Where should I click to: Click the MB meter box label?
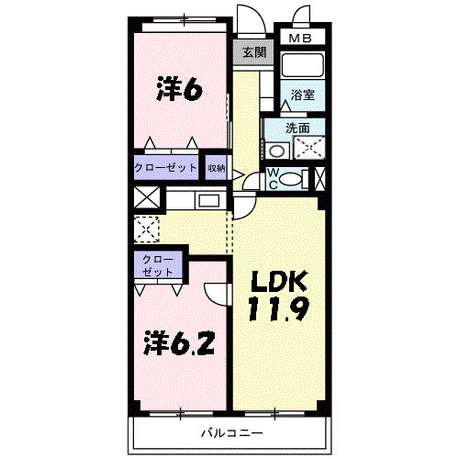click(300, 39)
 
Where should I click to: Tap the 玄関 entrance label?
click(254, 52)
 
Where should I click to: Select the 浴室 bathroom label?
click(302, 95)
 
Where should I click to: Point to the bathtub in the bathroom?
click(302, 65)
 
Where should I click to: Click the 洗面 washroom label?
click(297, 128)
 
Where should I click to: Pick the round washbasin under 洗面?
click(277, 151)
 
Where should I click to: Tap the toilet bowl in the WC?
click(291, 179)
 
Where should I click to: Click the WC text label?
click(273, 179)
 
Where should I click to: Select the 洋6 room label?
click(179, 88)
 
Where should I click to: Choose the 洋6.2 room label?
click(179, 343)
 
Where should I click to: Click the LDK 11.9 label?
click(279, 296)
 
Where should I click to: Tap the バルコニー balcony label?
click(231, 432)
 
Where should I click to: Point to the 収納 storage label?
click(217, 168)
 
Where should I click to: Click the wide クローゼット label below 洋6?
click(165, 167)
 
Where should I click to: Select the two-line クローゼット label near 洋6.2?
click(158, 265)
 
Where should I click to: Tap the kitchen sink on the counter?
click(209, 201)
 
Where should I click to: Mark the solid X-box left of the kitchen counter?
click(147, 197)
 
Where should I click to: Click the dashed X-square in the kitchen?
click(147, 229)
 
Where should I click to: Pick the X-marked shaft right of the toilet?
click(319, 178)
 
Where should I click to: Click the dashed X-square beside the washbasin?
click(309, 148)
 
